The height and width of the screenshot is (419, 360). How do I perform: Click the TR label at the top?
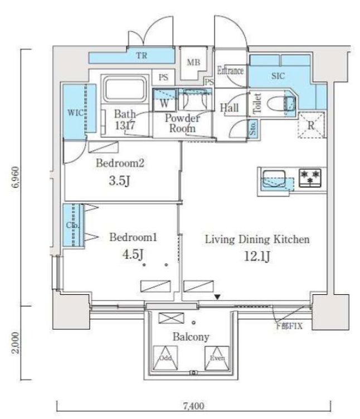pos(142,56)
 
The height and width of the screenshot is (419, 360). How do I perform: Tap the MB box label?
pos(193,62)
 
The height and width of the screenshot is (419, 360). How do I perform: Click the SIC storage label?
pos(279,76)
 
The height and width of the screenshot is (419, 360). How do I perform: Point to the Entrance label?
pos(230,71)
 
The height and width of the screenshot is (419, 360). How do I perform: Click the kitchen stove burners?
pos(310,178)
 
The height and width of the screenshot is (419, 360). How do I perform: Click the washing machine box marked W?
pos(164,103)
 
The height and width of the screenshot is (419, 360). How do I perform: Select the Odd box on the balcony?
pos(166,357)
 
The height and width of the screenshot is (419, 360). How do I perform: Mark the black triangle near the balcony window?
pos(218,298)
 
